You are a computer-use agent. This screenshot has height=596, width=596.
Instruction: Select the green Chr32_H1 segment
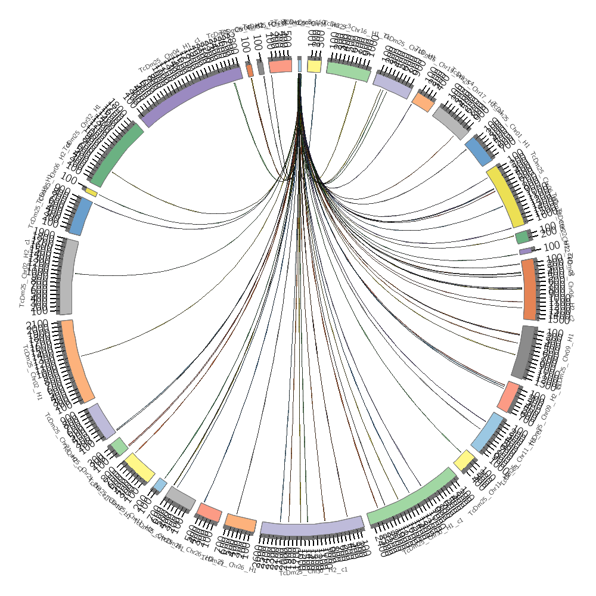[116, 152]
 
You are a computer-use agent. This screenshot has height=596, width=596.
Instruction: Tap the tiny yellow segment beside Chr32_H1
[91, 193]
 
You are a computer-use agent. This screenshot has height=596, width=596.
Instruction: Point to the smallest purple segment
[525, 252]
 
